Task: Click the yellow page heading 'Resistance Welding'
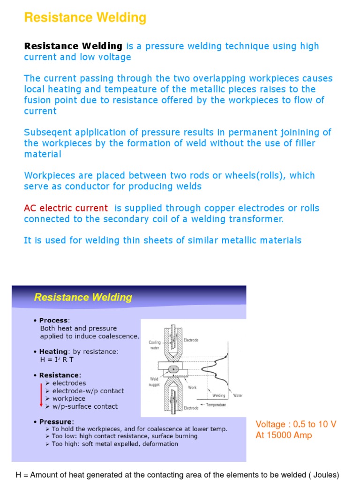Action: point(85,18)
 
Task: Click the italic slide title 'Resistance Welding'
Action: point(82,297)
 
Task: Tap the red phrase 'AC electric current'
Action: point(66,208)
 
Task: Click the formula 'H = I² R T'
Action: point(57,360)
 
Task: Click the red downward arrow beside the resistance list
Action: point(41,394)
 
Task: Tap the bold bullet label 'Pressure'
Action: point(56,421)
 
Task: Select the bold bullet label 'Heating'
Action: point(53,352)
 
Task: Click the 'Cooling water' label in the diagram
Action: point(155,345)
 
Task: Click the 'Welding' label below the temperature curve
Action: point(218,395)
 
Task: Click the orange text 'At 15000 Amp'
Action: point(284,435)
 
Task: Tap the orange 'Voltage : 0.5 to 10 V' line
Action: point(296,424)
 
